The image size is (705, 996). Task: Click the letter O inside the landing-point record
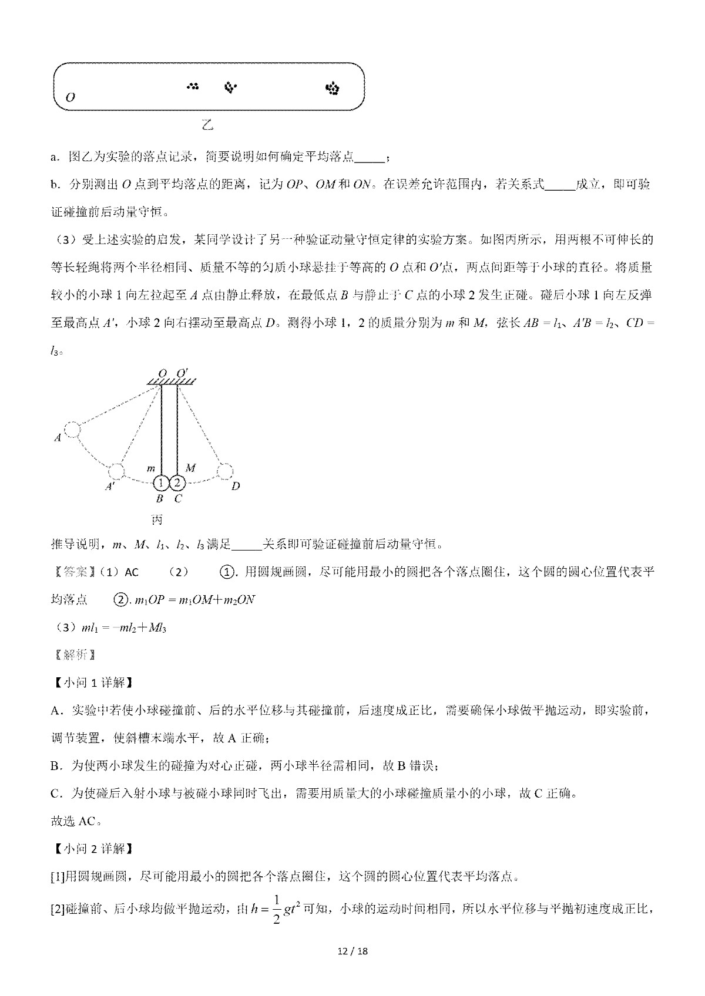pos(70,97)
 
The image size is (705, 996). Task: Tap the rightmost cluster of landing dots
pos(333,89)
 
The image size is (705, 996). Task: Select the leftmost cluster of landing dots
pos(193,86)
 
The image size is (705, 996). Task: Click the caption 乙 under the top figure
pos(207,125)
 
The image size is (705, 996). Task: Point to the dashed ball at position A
pos(72,430)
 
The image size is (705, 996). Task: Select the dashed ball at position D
pos(225,471)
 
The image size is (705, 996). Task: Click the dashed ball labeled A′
pos(116,471)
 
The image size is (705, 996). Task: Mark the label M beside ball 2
pos(190,467)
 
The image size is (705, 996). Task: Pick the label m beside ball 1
pos(151,468)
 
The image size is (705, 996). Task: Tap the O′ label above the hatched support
pos(182,372)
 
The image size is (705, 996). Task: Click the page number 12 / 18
pos(352,967)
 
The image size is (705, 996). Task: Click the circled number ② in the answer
pos(120,599)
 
